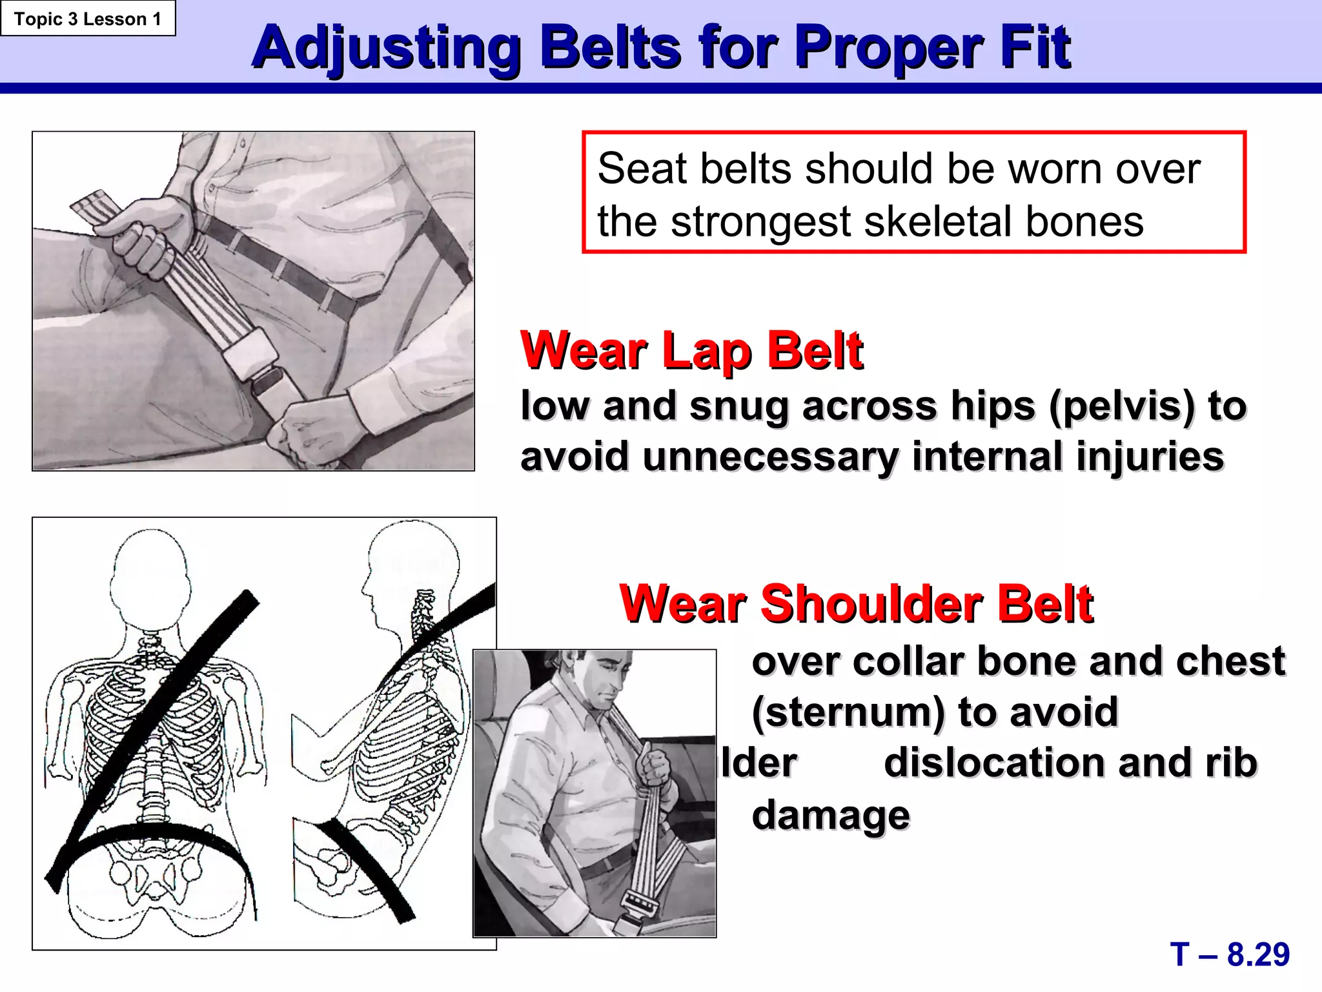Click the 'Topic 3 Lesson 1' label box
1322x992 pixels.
(88, 19)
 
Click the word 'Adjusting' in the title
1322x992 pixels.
(386, 48)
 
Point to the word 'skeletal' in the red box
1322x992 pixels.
(939, 222)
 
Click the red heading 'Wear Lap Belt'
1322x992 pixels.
(691, 351)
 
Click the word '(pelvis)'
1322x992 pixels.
(1122, 406)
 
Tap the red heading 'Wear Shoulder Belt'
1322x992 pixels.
(856, 604)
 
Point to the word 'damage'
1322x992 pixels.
(831, 814)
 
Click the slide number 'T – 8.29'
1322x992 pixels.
(1230, 954)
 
